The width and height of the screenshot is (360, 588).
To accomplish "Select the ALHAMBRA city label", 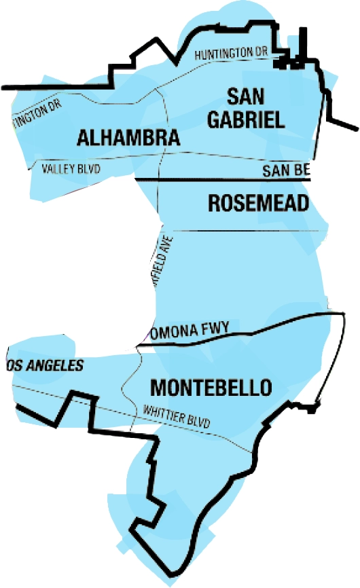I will (129, 138).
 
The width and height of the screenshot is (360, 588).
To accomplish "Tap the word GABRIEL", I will (246, 120).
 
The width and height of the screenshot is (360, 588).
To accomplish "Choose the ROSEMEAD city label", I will (258, 202).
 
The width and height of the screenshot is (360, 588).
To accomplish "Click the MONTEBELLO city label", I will (211, 388).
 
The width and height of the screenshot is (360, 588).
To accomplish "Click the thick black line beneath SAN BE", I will (224, 180).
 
